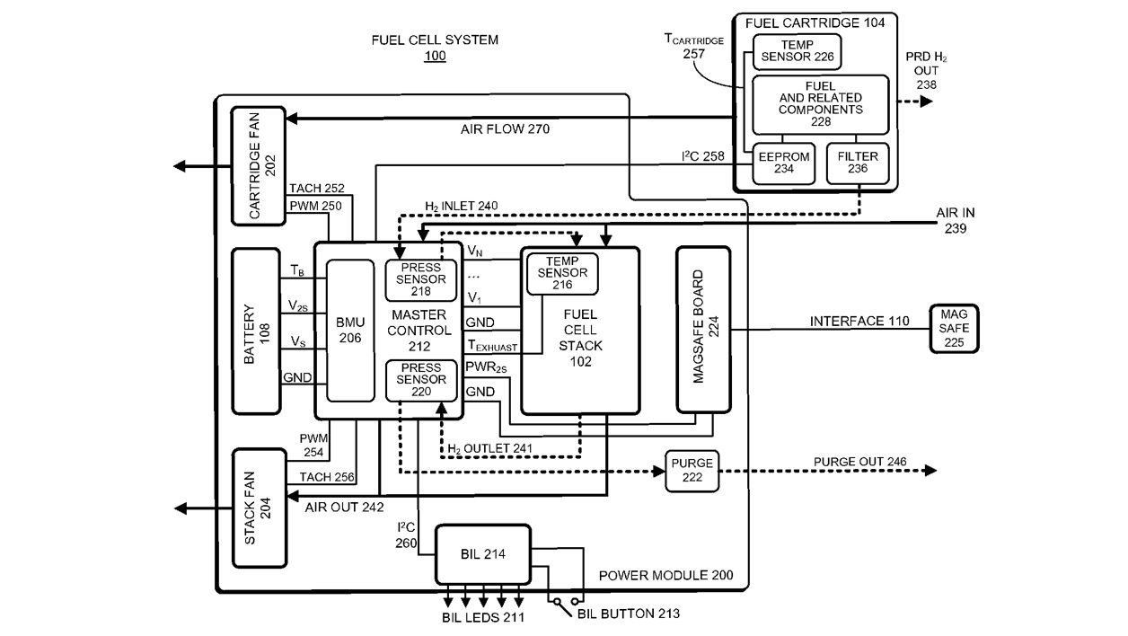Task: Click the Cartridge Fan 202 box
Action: coord(259,165)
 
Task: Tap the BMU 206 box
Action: coord(350,330)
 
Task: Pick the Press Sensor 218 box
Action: coord(421,279)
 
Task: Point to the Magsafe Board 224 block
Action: coord(703,329)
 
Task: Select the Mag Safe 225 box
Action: coord(954,329)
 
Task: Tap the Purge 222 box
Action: coord(692,470)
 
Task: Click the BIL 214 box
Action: coord(482,554)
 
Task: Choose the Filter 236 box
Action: coord(857,163)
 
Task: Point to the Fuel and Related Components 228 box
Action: coord(820,103)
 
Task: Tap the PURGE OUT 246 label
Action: coord(859,462)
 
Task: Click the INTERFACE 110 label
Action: coord(859,321)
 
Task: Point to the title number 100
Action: coord(435,56)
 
